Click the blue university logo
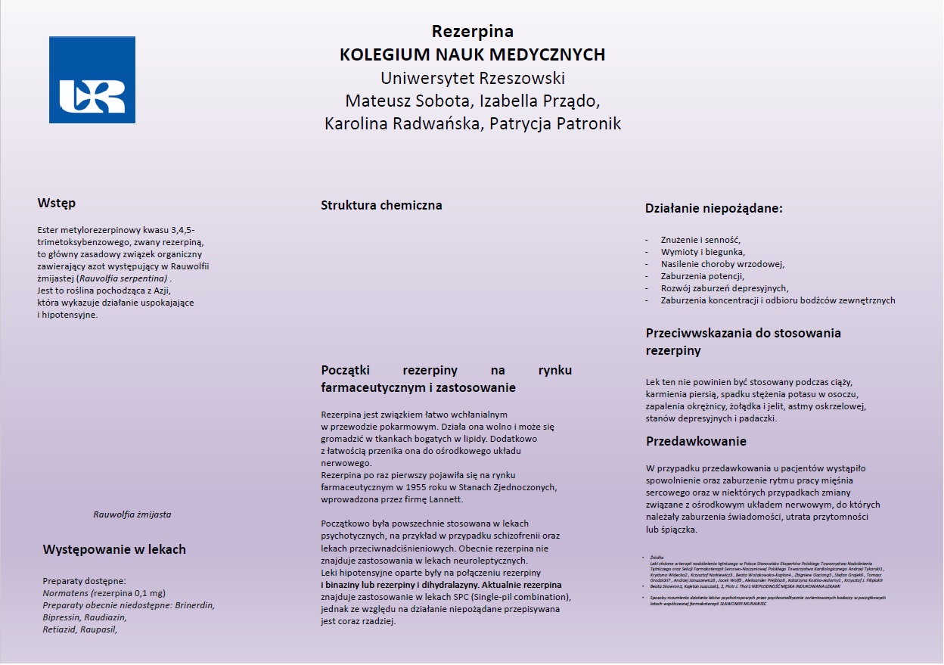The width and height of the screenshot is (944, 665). pyautogui.click(x=92, y=79)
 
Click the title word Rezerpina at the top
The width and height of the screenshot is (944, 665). pyautogui.click(x=472, y=32)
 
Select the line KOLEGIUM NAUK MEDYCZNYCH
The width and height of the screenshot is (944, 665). pyautogui.click(x=472, y=54)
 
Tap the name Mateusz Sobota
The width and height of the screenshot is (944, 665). pyautogui.click(x=402, y=101)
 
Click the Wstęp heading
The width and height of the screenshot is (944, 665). pyautogui.click(x=57, y=203)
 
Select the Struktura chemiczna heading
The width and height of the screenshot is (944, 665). pyautogui.click(x=381, y=205)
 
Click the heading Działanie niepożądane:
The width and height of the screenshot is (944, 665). pyautogui.click(x=713, y=208)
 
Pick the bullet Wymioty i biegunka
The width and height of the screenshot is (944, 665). pyautogui.click(x=703, y=251)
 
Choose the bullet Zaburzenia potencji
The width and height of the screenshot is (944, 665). pyautogui.click(x=703, y=276)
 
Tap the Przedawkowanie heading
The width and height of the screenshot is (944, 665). pyautogui.click(x=696, y=441)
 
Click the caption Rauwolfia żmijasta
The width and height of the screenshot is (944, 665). pyautogui.click(x=132, y=514)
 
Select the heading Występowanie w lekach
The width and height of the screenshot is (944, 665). pyautogui.click(x=114, y=549)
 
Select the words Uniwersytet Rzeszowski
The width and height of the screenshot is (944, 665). pyautogui.click(x=472, y=78)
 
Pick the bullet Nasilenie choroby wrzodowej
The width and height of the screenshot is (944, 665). pyautogui.click(x=722, y=263)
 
